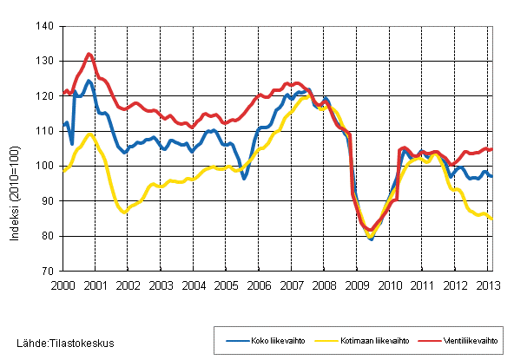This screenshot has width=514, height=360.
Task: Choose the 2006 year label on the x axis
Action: click(257, 285)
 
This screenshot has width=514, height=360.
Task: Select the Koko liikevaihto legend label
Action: click(271, 340)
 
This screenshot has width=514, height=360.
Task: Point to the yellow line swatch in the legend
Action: click(314, 340)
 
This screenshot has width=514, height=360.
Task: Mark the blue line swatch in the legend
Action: click(230, 340)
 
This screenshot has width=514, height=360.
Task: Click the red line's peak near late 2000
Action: click(89, 54)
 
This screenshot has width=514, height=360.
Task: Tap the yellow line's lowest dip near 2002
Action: click(124, 212)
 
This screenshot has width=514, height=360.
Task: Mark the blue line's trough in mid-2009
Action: click(371, 239)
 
